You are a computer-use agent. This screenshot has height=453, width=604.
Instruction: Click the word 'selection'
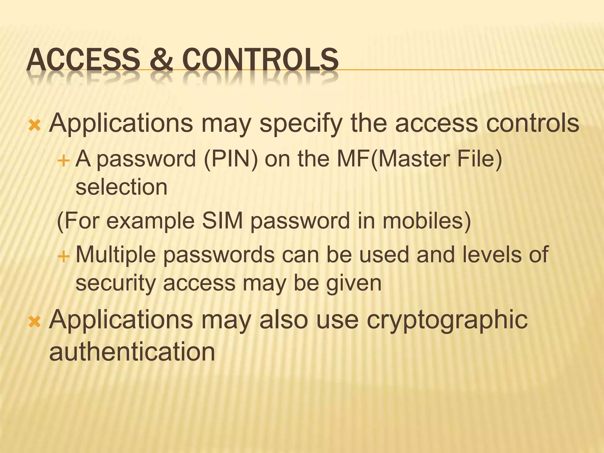pos(122,187)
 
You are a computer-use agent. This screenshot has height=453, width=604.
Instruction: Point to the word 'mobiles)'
pos(426,221)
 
